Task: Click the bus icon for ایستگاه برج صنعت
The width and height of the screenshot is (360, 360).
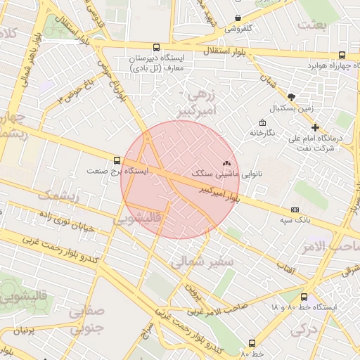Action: [x=117, y=160]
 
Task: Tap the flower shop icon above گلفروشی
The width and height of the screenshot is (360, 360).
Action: [x=238, y=18]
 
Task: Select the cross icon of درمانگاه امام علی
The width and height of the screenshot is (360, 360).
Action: [x=316, y=128]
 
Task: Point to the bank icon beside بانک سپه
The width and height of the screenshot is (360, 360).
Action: [x=295, y=210]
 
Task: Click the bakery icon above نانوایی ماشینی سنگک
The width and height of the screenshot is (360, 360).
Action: [x=226, y=162]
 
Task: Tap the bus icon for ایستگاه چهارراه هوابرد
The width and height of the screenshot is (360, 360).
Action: [x=342, y=55]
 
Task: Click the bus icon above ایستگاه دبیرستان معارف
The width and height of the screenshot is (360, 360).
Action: [x=155, y=48]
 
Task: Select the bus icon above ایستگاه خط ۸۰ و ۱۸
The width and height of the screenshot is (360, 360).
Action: [x=304, y=297]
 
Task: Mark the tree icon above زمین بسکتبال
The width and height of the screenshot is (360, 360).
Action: [x=292, y=97]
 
